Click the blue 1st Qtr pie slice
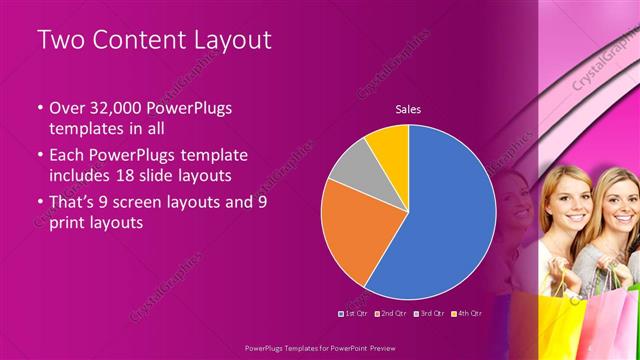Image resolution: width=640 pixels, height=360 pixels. pos(440,220)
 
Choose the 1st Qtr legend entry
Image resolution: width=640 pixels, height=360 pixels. pos(354,313)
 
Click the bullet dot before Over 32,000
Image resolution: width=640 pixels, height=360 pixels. pos(39,108)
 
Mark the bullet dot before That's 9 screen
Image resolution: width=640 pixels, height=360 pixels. pos(39,201)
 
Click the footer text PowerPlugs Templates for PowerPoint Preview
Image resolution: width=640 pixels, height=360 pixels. pos(320,349)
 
